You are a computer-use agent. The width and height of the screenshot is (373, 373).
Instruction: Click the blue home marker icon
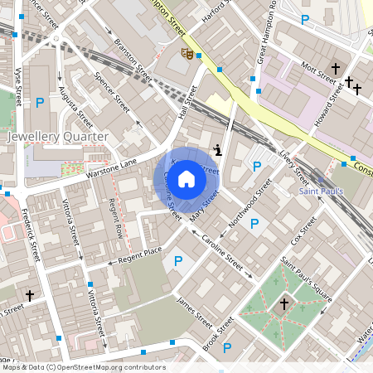(186, 178)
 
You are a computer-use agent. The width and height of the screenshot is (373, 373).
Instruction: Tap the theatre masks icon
(188, 54)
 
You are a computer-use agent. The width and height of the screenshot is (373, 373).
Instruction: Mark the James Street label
(196, 312)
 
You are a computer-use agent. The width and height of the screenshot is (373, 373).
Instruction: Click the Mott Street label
(318, 75)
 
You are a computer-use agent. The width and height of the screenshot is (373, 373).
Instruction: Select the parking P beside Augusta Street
(39, 103)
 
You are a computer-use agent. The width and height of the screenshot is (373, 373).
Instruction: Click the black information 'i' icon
(218, 150)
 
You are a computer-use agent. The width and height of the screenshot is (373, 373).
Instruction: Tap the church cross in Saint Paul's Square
(283, 305)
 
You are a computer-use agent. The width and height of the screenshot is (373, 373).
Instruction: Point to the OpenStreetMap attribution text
(83, 367)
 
